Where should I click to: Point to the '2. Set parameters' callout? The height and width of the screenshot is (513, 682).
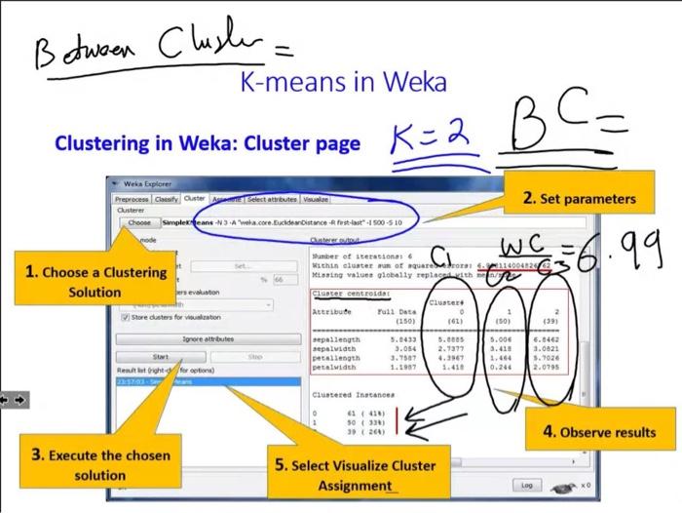tap(578, 198)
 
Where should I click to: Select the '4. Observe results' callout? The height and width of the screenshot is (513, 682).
tap(598, 432)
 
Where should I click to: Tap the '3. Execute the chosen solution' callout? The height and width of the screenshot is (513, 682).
tap(99, 464)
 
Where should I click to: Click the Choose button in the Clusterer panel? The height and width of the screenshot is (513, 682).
tap(139, 222)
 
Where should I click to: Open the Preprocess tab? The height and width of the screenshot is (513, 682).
tap(133, 198)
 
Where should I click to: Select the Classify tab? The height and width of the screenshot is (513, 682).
tap(167, 198)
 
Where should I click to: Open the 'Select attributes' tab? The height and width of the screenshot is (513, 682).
tap(271, 198)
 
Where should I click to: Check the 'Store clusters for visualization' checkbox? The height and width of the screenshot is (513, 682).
tap(124, 317)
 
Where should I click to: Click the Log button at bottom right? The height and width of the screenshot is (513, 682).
tap(527, 484)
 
